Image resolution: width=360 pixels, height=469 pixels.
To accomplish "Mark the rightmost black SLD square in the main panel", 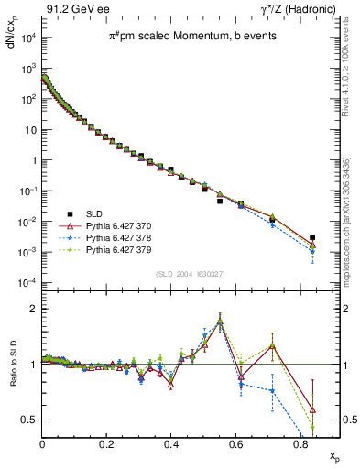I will (x=312, y=237).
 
